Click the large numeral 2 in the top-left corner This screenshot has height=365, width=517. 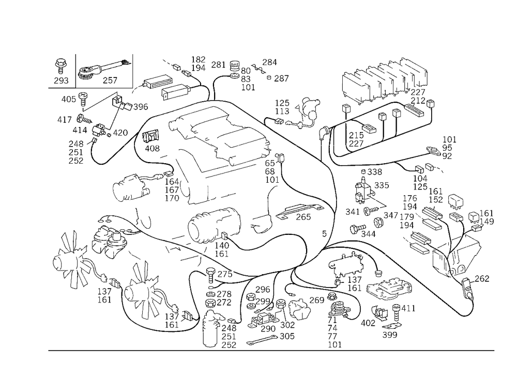(62, 71)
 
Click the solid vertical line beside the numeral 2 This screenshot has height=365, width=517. (74, 69)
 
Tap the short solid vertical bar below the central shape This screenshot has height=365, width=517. (208, 191)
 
